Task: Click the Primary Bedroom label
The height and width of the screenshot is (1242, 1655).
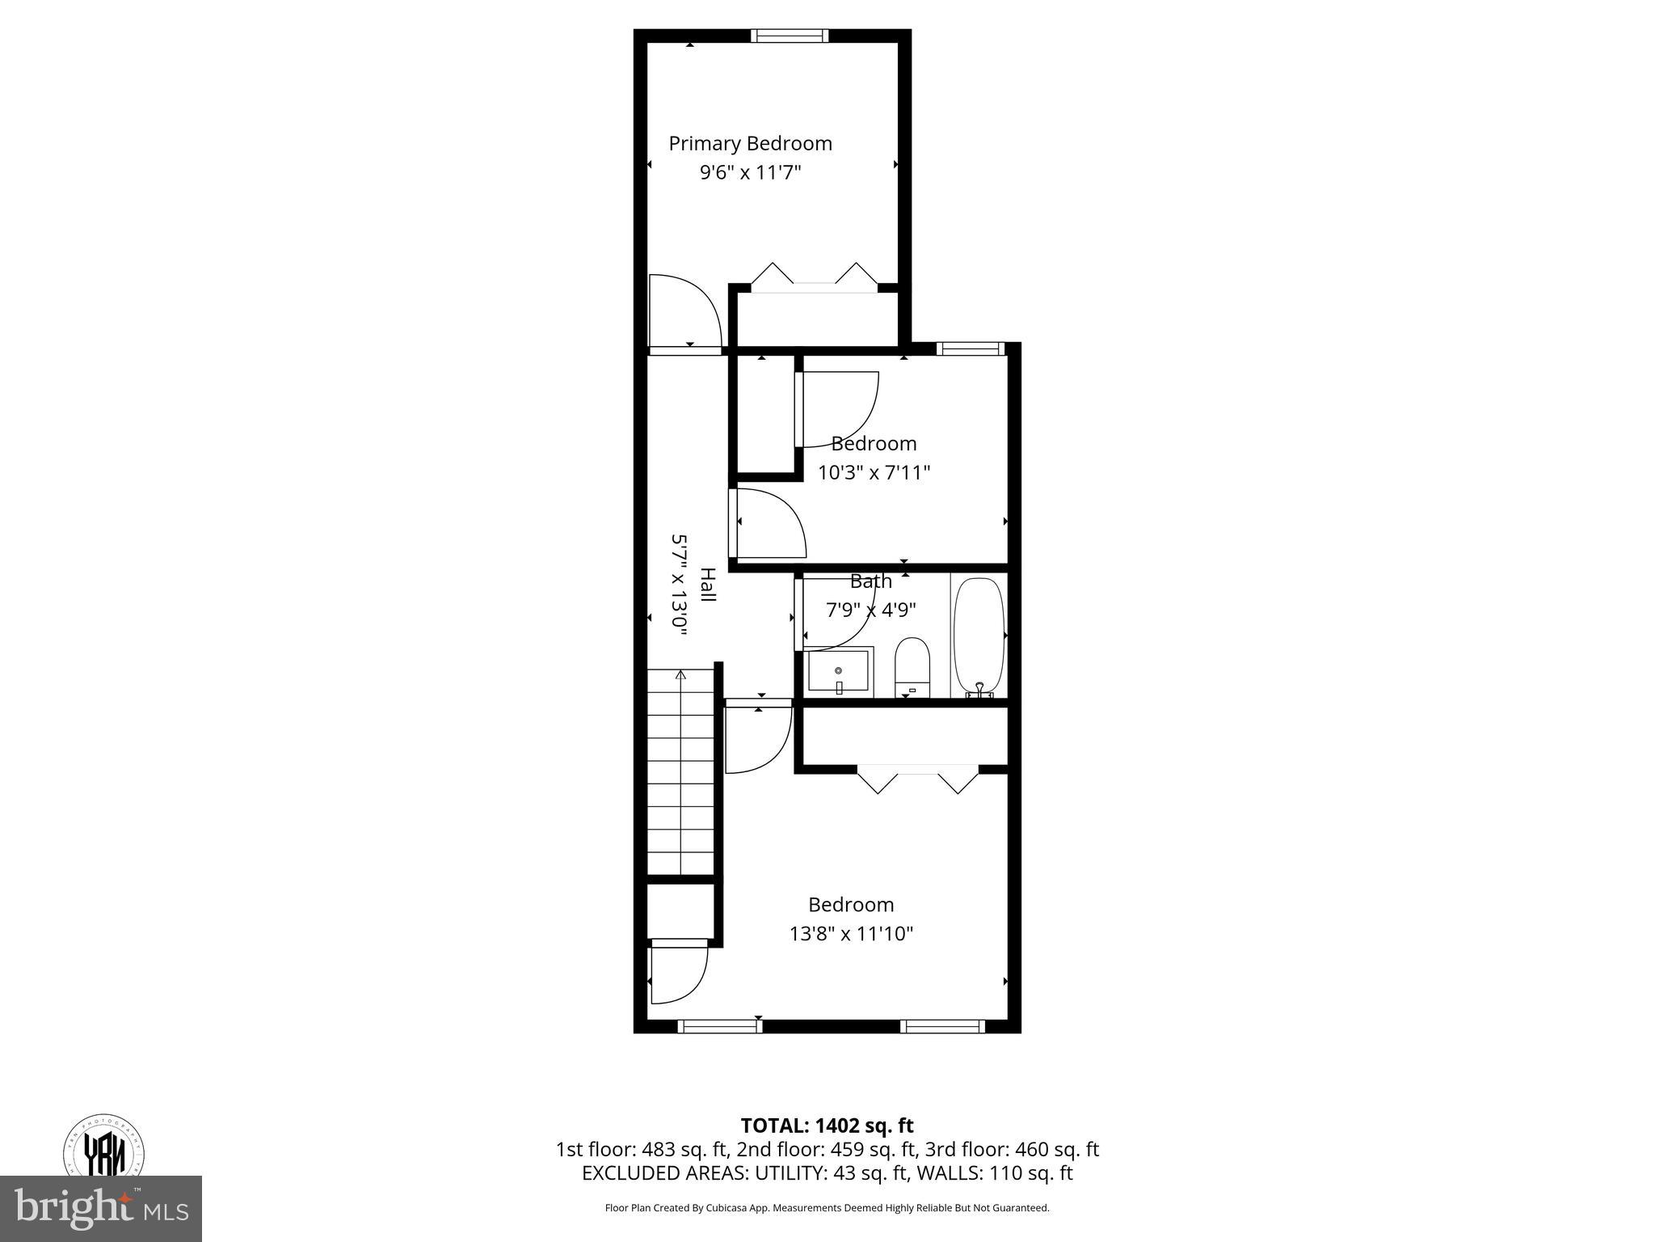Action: point(750,144)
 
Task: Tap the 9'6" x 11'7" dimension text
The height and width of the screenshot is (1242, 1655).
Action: point(750,173)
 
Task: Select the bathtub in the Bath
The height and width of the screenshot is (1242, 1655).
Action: point(979,636)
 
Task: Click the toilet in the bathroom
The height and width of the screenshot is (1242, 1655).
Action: point(912,668)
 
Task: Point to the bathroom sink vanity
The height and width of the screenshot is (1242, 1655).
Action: point(840,672)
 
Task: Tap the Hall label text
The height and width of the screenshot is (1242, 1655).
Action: point(707,585)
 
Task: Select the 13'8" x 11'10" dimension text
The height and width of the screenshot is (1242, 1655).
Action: point(851,935)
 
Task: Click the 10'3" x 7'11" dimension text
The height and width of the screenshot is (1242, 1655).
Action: point(874,473)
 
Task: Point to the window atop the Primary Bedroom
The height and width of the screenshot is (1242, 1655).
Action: point(790,36)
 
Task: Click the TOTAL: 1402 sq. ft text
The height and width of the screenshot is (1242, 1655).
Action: point(827,1126)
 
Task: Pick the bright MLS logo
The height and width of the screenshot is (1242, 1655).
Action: point(101,1208)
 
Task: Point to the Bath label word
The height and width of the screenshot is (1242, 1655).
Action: point(870,581)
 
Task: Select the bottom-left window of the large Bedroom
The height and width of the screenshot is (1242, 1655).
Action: point(719,1026)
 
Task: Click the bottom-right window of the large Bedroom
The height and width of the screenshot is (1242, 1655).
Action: point(942,1026)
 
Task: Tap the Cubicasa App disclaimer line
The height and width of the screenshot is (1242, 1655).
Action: point(827,1208)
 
